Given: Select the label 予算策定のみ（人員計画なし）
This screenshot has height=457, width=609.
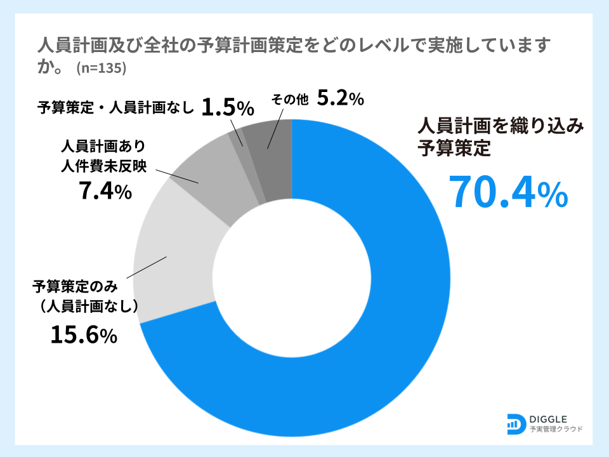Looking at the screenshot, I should pos(86,296).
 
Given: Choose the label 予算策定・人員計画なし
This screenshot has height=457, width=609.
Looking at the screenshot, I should pos(115,107).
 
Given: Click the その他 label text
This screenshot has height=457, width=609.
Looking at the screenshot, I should pos(289,99).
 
